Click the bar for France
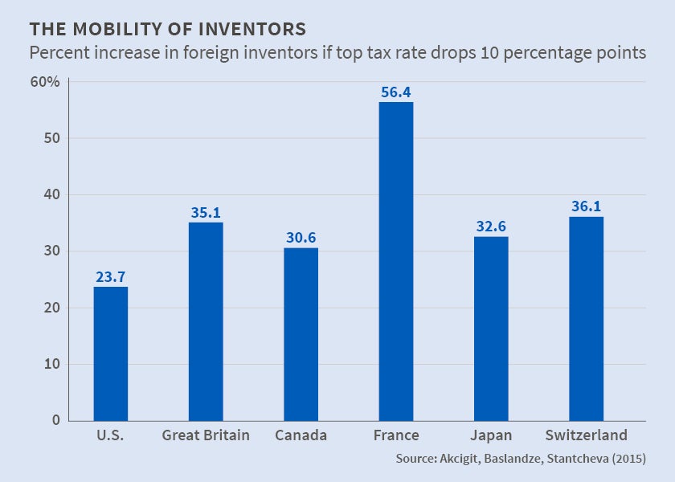point(396,261)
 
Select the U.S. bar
point(111,353)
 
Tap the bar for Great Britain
point(206,321)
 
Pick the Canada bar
point(301,334)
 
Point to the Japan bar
point(491,329)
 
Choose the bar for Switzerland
point(586,318)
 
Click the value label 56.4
point(396,92)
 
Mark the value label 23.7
point(111,277)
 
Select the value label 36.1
point(586,207)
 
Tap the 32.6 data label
point(491,227)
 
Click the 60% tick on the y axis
point(46,82)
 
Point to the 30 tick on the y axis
point(52,251)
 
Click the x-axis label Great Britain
point(206,435)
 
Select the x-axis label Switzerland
point(586,435)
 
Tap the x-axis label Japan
point(491,435)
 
